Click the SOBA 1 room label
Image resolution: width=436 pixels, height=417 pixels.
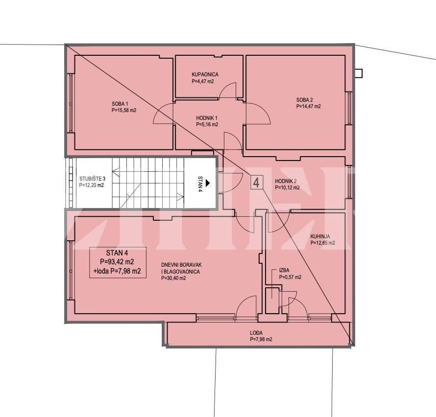tap(120, 104)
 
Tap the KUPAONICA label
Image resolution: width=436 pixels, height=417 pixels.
tap(205, 74)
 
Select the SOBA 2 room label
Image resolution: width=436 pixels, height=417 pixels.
tap(305, 100)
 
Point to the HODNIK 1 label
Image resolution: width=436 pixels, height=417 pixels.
tap(207, 118)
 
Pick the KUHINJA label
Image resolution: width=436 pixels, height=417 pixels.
tap(320, 236)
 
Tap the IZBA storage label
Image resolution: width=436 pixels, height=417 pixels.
tap(284, 270)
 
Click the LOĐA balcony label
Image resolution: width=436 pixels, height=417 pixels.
tap(256, 333)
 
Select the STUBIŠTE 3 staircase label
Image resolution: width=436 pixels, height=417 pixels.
tap(92, 179)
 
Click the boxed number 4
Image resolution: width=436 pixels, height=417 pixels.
tap(256, 183)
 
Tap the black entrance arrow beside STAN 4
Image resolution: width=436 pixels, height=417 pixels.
tap(207, 183)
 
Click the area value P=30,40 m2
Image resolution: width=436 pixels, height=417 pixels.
tap(173, 278)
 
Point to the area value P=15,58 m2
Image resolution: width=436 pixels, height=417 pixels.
tap(124, 110)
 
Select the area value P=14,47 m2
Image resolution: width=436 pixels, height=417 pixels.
tap(308, 106)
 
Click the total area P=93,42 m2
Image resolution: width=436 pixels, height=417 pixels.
tap(117, 262)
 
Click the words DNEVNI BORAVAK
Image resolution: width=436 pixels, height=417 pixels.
tap(181, 265)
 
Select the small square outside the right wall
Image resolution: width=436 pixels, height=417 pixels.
tap(359, 73)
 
